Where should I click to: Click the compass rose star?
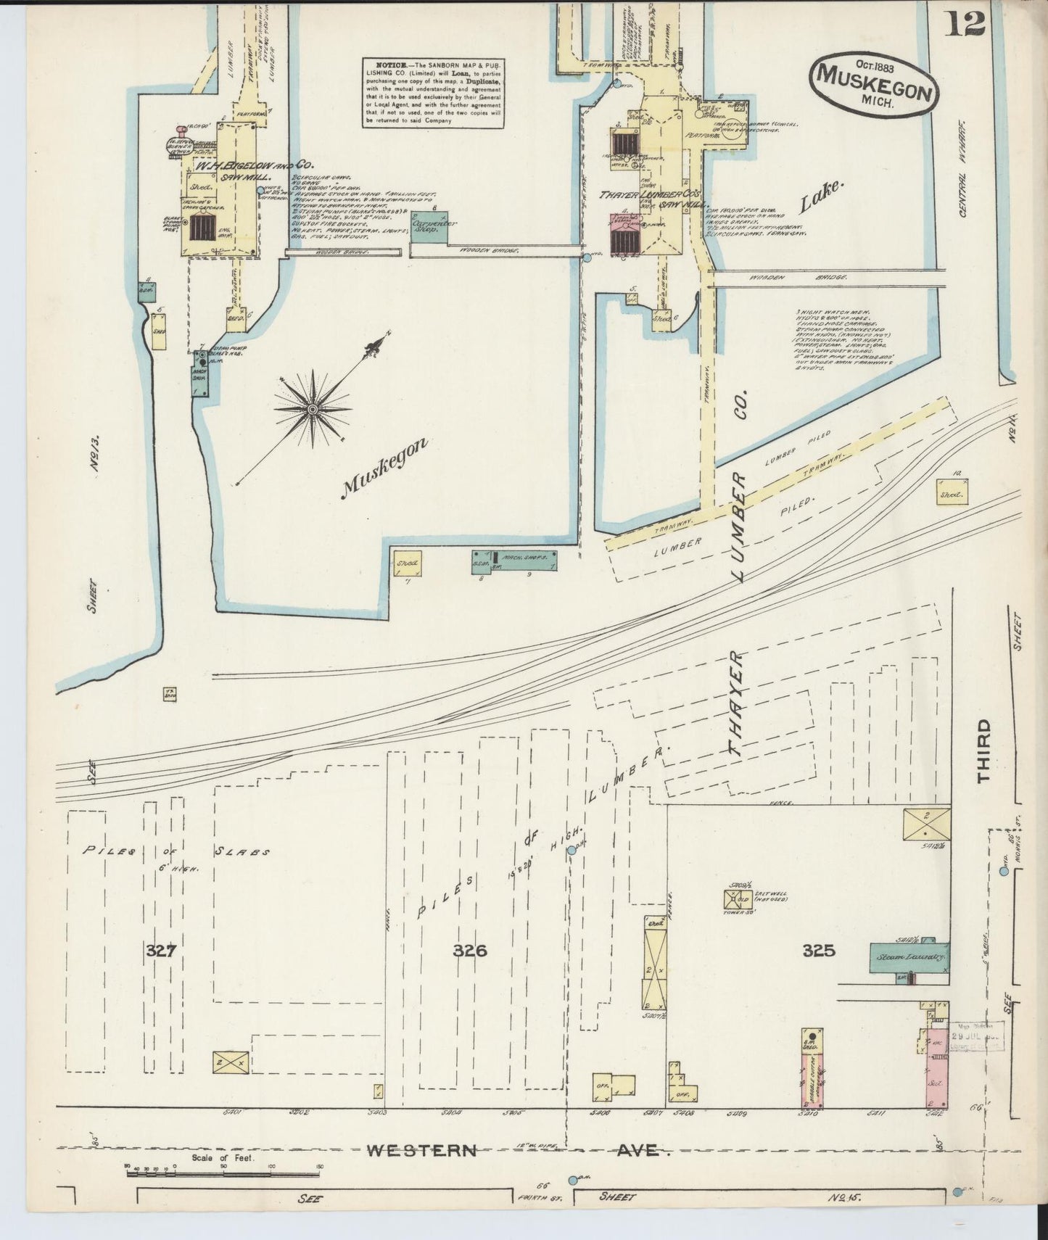pos(313,409)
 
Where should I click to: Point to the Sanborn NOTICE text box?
pos(433,94)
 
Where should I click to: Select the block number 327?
pos(160,951)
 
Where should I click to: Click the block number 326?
pos(470,951)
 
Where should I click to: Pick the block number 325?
pos(819,950)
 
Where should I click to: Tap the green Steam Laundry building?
pos(909,957)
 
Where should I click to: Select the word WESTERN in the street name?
pos(421,1150)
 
